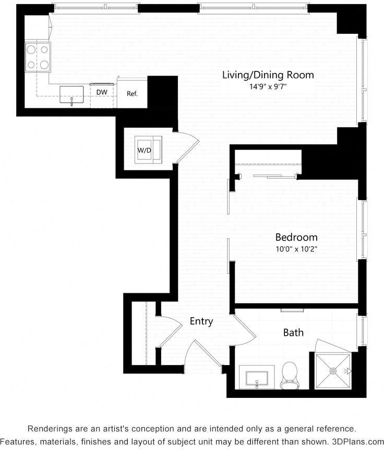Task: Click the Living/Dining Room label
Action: click(x=268, y=75)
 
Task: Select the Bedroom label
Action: click(x=296, y=237)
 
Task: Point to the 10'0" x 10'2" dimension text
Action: click(x=296, y=249)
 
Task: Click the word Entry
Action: click(x=201, y=321)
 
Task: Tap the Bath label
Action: click(x=293, y=332)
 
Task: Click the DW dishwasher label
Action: click(x=102, y=92)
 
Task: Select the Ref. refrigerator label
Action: click(x=132, y=94)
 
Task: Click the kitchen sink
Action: click(x=72, y=95)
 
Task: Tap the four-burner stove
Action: click(x=38, y=57)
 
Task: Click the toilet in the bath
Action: click(x=289, y=376)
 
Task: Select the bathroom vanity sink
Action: click(x=257, y=378)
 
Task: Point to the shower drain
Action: click(x=332, y=371)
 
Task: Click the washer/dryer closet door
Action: click(x=187, y=148)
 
